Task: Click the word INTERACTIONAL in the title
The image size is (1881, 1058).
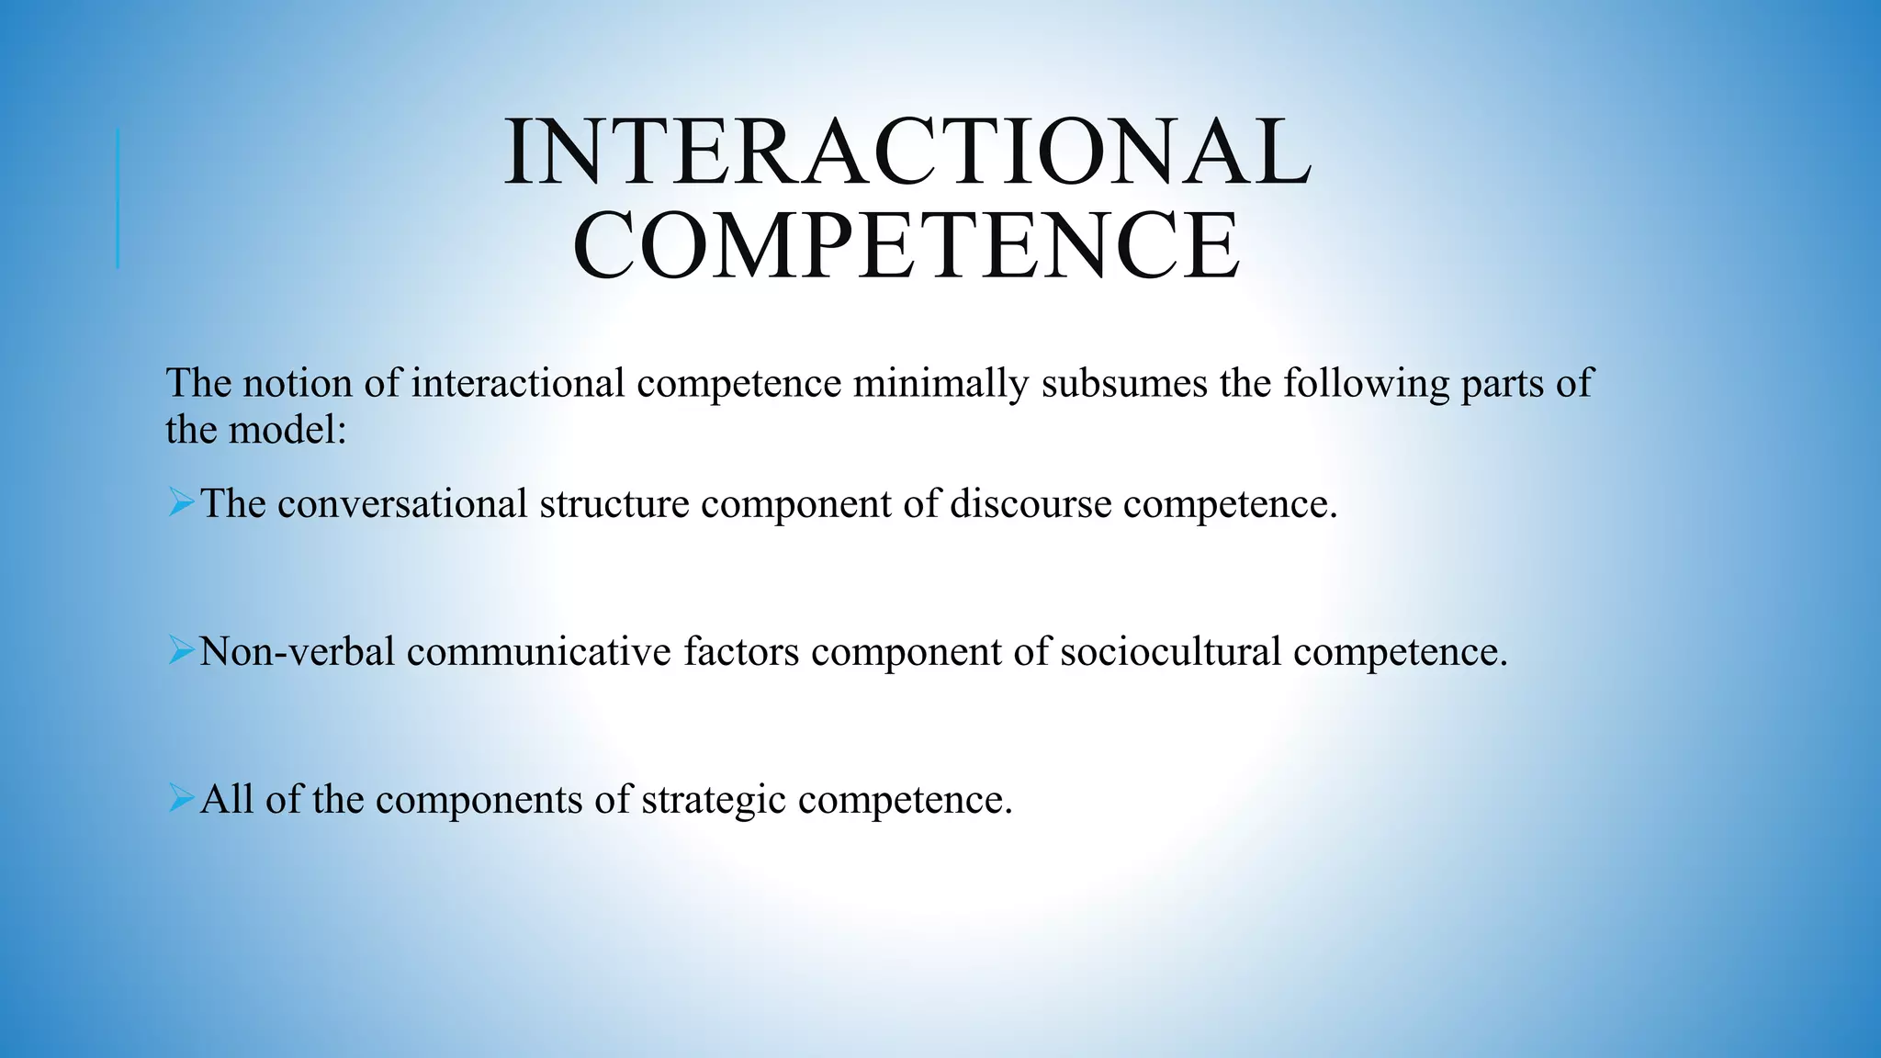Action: [x=907, y=152]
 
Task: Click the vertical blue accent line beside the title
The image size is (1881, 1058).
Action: [x=118, y=198]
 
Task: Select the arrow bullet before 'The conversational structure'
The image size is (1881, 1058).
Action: [x=181, y=503]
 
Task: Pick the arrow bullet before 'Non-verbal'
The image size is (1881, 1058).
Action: [x=181, y=651]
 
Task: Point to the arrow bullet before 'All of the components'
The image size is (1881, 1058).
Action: [x=181, y=799]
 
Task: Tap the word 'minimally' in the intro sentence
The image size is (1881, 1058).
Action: [x=940, y=383]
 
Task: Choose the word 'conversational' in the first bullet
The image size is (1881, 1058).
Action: [x=402, y=503]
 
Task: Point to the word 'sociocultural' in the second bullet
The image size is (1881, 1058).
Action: [x=1170, y=651]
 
